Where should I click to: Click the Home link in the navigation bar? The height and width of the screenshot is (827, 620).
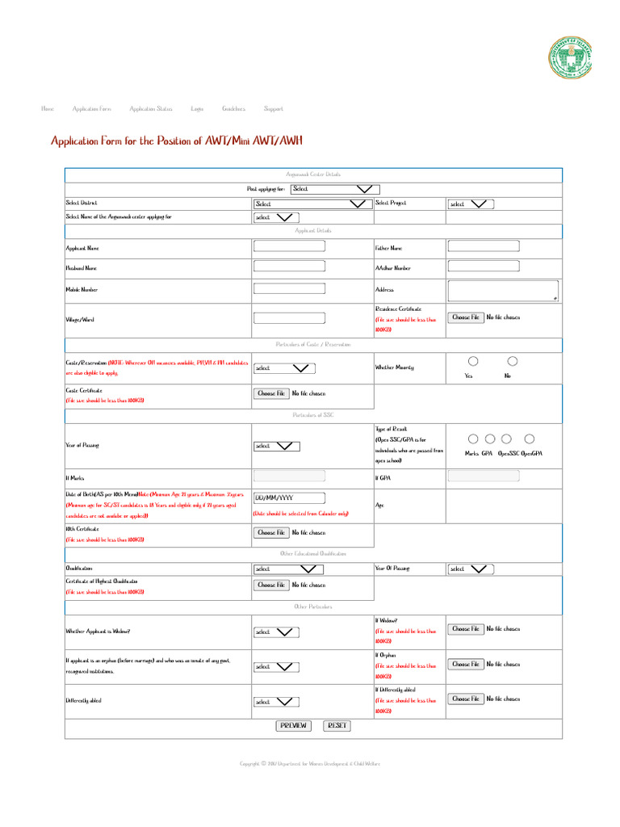(x=48, y=108)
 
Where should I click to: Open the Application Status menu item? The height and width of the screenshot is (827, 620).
(x=151, y=108)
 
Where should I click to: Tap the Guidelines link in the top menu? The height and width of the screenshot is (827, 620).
(x=233, y=108)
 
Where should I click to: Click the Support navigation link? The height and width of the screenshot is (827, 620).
(x=273, y=108)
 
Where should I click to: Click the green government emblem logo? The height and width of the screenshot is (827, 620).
(x=570, y=60)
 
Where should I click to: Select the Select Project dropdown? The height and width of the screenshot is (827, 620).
(x=471, y=204)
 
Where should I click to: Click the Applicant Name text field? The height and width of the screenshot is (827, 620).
(x=289, y=246)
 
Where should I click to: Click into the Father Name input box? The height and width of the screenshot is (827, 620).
(x=484, y=246)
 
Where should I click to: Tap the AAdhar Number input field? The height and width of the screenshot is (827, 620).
(x=484, y=266)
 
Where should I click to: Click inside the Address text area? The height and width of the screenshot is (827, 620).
(x=503, y=291)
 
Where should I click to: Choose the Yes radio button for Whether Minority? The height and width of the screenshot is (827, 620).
(x=473, y=361)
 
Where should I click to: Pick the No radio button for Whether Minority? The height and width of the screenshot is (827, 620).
(x=512, y=361)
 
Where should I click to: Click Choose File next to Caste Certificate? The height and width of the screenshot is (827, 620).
(x=271, y=393)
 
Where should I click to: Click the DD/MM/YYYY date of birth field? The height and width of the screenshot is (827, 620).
(x=289, y=498)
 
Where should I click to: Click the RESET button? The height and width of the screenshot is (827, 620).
(x=337, y=725)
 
